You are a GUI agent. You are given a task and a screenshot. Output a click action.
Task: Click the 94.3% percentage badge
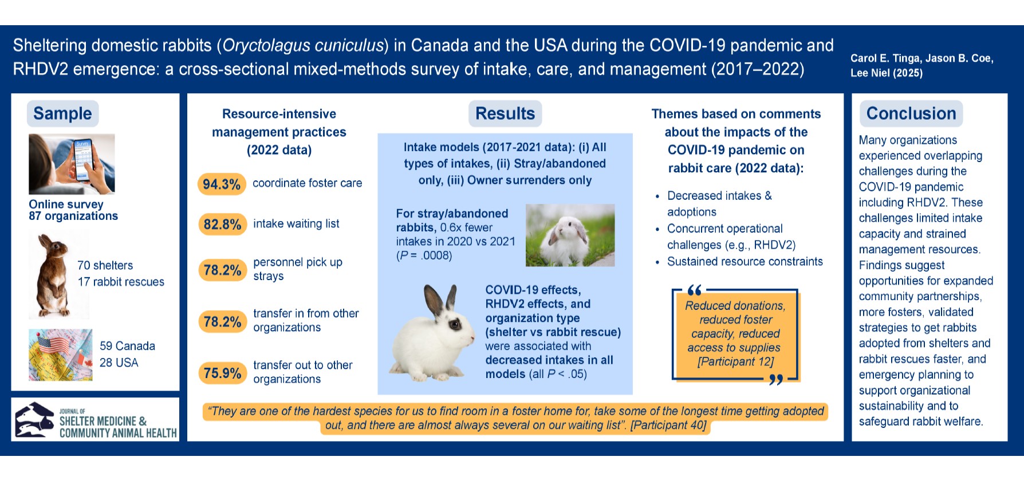click(x=222, y=184)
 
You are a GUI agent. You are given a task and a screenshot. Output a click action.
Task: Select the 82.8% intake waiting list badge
click(x=222, y=224)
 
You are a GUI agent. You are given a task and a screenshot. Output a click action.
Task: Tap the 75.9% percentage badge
click(x=222, y=373)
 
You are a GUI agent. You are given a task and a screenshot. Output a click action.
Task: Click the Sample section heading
click(x=62, y=113)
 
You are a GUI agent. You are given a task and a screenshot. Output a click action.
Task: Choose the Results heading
click(x=505, y=113)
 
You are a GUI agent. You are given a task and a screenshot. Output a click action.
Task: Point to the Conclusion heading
click(x=911, y=113)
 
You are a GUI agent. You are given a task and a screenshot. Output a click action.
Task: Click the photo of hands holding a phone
click(x=72, y=164)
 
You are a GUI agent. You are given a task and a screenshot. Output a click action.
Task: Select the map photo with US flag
click(x=60, y=355)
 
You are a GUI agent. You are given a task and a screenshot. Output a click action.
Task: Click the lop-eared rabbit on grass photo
click(x=570, y=235)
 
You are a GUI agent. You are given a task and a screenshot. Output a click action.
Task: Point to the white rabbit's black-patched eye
click(x=455, y=325)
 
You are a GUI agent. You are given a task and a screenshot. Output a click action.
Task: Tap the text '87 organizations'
click(x=73, y=216)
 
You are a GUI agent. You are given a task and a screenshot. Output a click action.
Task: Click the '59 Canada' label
click(x=127, y=346)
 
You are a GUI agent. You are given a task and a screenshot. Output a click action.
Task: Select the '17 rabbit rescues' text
click(x=121, y=282)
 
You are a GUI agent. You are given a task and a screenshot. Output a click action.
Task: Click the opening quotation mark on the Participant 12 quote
click(x=694, y=290)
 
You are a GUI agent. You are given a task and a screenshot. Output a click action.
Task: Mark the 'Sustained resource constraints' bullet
click(x=745, y=262)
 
